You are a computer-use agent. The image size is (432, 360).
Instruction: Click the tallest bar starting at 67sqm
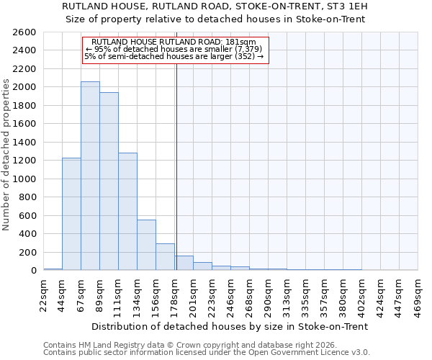pyautogui.click(x=90, y=176)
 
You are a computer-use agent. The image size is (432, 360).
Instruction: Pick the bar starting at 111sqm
pyautogui.click(x=127, y=212)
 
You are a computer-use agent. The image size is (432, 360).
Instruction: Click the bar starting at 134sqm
pyautogui.click(x=146, y=245)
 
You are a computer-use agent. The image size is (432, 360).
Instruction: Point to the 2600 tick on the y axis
pyautogui.click(x=24, y=32)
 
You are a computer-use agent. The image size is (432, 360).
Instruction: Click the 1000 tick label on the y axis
pyautogui.click(x=24, y=179)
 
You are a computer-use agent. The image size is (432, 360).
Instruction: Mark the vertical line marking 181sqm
pyautogui.click(x=176, y=166)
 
